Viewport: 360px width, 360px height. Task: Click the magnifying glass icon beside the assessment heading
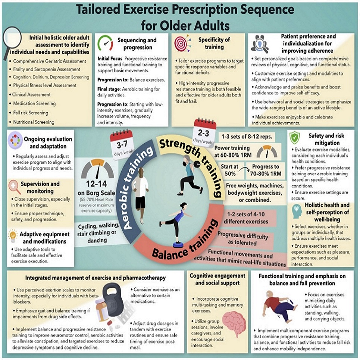pyautogui.click(x=12, y=40)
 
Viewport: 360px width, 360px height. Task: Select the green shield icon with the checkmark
pyautogui.click(x=295, y=138)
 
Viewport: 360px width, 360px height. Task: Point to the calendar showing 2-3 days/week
pyautogui.click(x=204, y=131)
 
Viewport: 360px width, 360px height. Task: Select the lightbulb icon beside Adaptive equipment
pyautogui.click(x=13, y=236)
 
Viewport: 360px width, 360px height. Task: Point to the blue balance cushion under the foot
pyautogui.click(x=177, y=244)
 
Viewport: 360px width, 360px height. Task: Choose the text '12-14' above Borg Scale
pyautogui.click(x=96, y=184)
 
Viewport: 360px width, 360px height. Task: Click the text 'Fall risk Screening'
pyautogui.click(x=31, y=113)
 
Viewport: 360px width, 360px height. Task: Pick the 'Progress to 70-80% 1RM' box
pyautogui.click(x=266, y=170)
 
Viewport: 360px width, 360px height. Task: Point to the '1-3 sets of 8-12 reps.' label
pyautogui.click(x=247, y=137)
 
